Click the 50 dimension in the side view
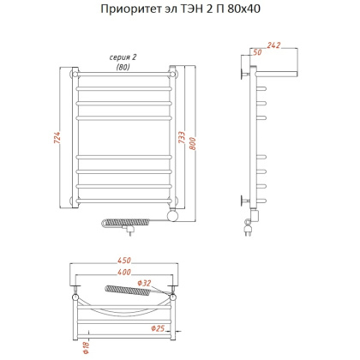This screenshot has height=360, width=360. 256,55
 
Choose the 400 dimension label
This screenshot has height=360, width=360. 124,273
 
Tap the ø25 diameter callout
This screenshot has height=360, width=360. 158,327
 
